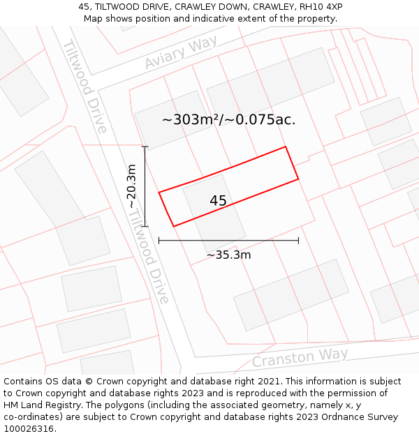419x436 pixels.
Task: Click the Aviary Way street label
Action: pyautogui.click(x=181, y=52)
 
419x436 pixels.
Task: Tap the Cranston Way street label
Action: pyautogui.click(x=300, y=357)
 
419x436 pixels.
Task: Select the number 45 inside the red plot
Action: pyautogui.click(x=218, y=201)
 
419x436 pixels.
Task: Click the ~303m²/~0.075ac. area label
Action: pyautogui.click(x=228, y=119)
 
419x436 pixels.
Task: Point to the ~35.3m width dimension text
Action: pyautogui.click(x=228, y=255)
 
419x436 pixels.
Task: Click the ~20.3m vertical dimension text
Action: pyautogui.click(x=131, y=186)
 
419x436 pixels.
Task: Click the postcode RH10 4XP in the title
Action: pyautogui.click(x=320, y=7)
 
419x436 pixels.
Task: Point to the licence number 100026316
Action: pyautogui.click(x=30, y=429)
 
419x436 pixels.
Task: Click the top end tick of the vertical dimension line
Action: pyautogui.click(x=145, y=146)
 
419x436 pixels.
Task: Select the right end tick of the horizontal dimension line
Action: pyautogui.click(x=298, y=240)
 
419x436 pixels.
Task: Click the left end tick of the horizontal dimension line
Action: pyautogui.click(x=159, y=240)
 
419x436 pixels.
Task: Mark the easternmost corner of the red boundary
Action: pyautogui.click(x=299, y=179)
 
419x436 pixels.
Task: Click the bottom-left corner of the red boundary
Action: pyautogui.click(x=173, y=226)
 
